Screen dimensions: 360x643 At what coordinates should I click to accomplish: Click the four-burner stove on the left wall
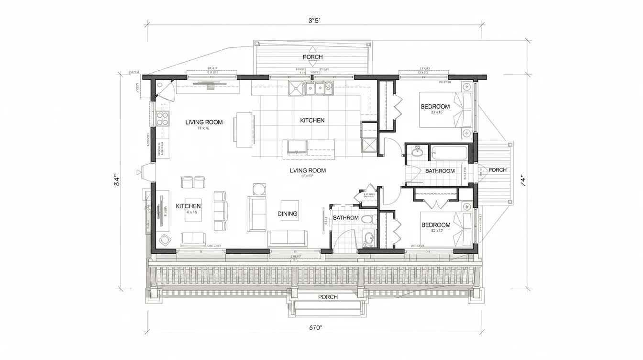click(163, 118)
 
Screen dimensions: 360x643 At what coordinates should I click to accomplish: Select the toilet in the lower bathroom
click(367, 220)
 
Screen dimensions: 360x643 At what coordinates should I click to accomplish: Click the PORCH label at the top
click(312, 57)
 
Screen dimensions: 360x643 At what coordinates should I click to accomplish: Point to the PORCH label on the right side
click(498, 170)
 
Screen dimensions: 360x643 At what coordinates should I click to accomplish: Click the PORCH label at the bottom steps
click(328, 297)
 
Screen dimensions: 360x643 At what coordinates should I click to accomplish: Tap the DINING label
click(287, 214)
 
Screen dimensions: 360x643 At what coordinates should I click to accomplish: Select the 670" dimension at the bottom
click(315, 327)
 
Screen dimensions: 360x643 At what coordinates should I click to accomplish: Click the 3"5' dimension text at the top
click(314, 21)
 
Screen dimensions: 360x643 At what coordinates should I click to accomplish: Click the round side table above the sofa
click(259, 189)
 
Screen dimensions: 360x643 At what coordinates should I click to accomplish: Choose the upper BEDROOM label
click(435, 106)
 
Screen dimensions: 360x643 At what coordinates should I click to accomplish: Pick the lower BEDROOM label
click(436, 225)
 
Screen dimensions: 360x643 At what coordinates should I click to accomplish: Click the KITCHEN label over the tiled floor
click(312, 120)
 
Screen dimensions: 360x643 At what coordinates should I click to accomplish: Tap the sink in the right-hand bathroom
click(417, 153)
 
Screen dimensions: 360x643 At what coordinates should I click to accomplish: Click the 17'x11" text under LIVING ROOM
click(308, 176)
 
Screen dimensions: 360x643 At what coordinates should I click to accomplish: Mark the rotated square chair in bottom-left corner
click(165, 239)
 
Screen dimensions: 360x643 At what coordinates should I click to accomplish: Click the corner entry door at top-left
click(165, 90)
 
